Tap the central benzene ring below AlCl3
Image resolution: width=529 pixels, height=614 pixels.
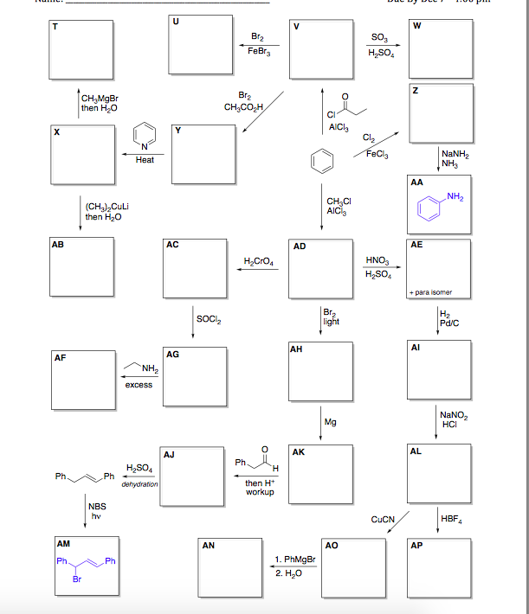[x=321, y=160]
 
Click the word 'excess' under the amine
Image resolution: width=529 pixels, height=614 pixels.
[x=139, y=384]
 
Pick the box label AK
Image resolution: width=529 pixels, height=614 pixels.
[x=299, y=451]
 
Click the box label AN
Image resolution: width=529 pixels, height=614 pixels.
[x=209, y=546]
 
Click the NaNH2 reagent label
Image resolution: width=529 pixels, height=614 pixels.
[x=455, y=157]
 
